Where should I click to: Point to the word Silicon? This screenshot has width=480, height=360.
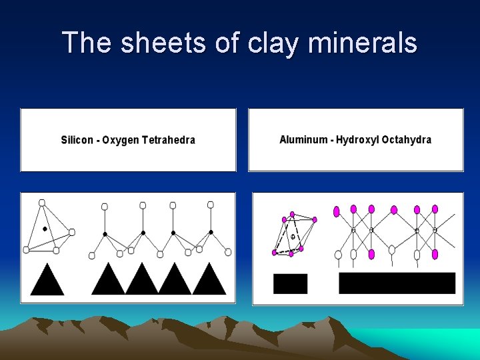pyautogui.click(x=79, y=140)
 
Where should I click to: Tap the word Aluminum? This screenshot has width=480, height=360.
pyautogui.click(x=303, y=140)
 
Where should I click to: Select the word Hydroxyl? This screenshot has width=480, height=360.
pyautogui.click(x=358, y=140)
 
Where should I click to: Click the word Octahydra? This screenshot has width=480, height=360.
pyautogui.click(x=407, y=140)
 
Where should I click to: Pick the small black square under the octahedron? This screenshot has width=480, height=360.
pyautogui.click(x=290, y=283)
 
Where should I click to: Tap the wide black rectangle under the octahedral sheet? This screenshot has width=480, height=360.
pyautogui.click(x=397, y=283)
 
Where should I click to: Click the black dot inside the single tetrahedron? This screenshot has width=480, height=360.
pyautogui.click(x=45, y=229)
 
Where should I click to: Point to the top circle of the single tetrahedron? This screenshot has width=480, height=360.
pyautogui.click(x=42, y=202)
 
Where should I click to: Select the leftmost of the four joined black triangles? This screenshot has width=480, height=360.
pyautogui.click(x=108, y=280)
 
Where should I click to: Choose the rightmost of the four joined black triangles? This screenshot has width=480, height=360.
pyautogui.click(x=209, y=280)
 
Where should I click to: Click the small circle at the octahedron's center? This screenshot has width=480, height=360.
pyautogui.click(x=292, y=237)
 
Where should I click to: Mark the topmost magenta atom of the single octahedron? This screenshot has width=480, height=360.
pyautogui.click(x=292, y=214)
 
